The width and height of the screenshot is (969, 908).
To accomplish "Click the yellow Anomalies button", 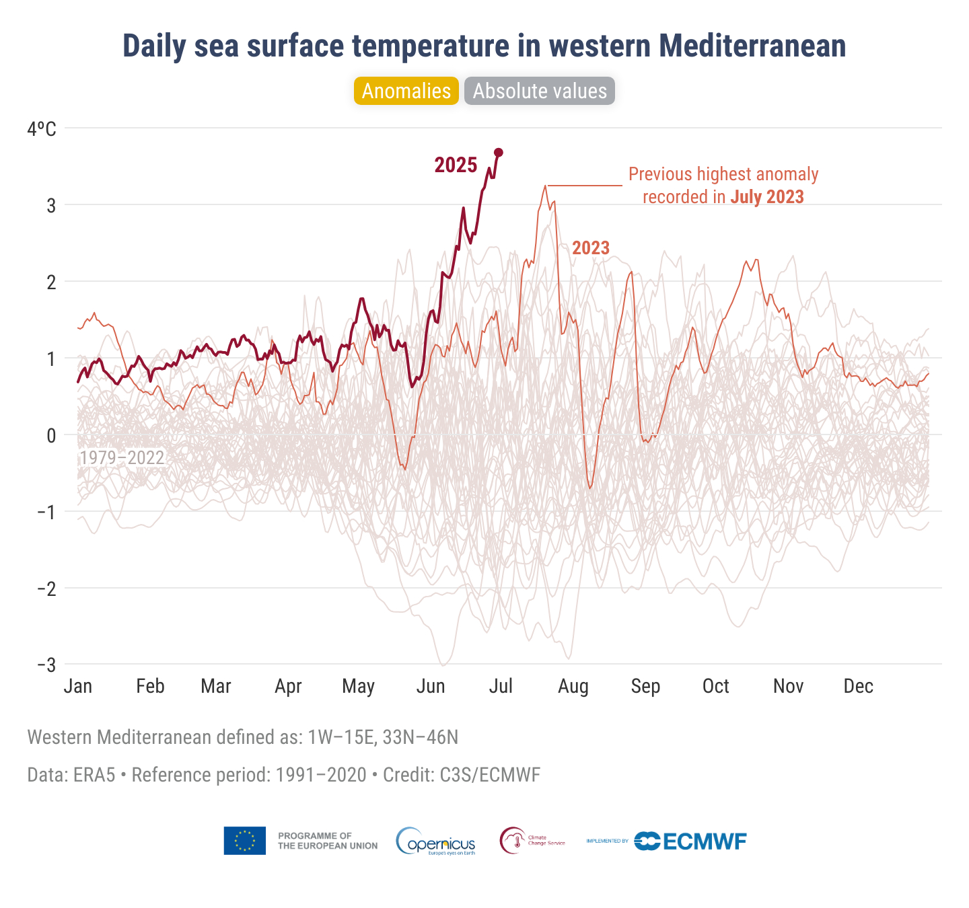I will point(406,91).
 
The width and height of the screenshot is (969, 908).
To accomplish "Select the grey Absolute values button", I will point(540,91).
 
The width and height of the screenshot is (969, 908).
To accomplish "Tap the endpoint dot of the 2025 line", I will point(499,153).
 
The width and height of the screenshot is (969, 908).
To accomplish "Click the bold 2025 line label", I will point(456,165).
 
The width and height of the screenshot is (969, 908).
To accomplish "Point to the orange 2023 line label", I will point(591,248).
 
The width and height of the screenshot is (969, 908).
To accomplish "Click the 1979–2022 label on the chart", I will point(122,458).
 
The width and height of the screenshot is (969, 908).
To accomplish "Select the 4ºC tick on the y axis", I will point(42,128).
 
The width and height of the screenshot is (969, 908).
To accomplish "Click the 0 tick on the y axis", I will point(51,435).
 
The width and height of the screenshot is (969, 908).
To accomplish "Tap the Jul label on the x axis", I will point(501,686).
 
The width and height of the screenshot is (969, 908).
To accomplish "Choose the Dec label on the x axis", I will point(859,686).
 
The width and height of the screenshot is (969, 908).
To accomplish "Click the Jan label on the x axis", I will point(78,686).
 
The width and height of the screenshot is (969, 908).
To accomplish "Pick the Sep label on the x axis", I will point(645,686).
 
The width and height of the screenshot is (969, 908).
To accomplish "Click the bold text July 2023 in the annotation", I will point(767,197).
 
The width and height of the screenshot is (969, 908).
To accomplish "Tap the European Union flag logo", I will point(245,841).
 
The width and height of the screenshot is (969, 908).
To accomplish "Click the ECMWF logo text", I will point(705,841).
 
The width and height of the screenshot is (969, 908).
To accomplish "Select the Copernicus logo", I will point(436,841).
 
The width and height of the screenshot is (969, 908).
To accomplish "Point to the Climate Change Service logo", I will point(532,841).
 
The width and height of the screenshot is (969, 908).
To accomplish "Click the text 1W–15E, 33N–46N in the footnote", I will point(383,737).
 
